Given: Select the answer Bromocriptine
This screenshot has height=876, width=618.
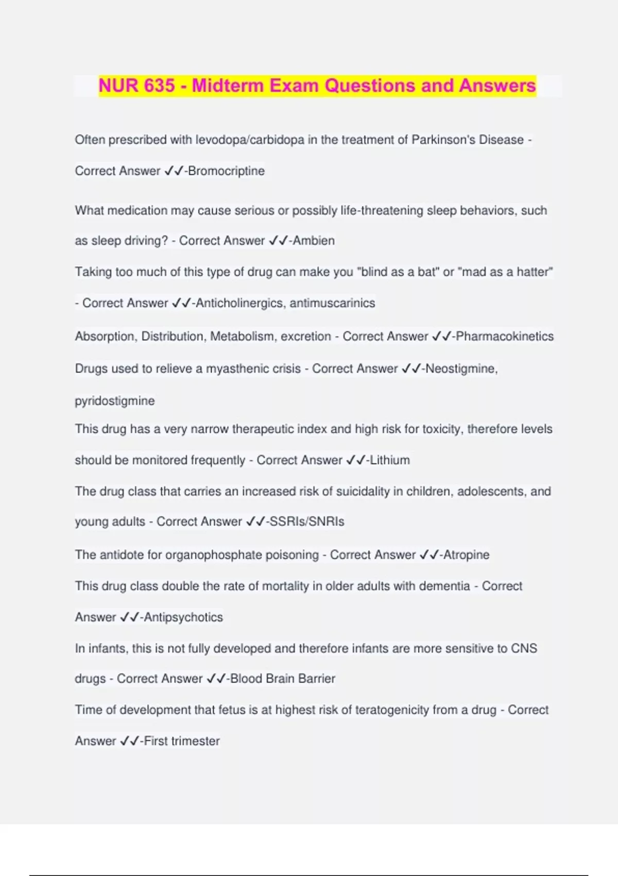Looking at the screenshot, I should point(227,171).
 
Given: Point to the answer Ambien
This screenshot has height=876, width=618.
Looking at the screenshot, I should point(314,241).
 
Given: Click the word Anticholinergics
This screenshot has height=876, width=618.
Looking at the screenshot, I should point(239,303).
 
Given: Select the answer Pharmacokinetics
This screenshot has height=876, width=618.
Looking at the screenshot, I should point(505,336).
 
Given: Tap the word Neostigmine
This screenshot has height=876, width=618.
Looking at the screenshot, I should point(461,369).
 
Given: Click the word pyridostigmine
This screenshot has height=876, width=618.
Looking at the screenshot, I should point(114,401).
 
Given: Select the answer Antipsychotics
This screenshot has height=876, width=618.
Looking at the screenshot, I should point(183,617).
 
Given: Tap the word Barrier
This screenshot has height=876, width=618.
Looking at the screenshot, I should point(317,679).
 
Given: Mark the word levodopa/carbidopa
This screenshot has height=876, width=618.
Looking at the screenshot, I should point(250,140).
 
